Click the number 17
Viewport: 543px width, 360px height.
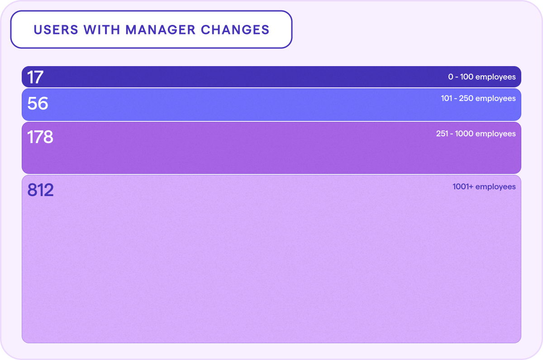35,77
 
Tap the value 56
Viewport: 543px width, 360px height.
38,104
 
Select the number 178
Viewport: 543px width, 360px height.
40,137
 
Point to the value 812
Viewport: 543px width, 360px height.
40,190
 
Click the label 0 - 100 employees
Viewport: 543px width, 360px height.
482,77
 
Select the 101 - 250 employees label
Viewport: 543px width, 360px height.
478,98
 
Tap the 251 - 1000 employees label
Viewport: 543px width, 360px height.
476,134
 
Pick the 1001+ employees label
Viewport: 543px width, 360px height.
484,187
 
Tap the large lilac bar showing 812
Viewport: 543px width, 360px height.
271,263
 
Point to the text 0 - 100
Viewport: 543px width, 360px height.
461,77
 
